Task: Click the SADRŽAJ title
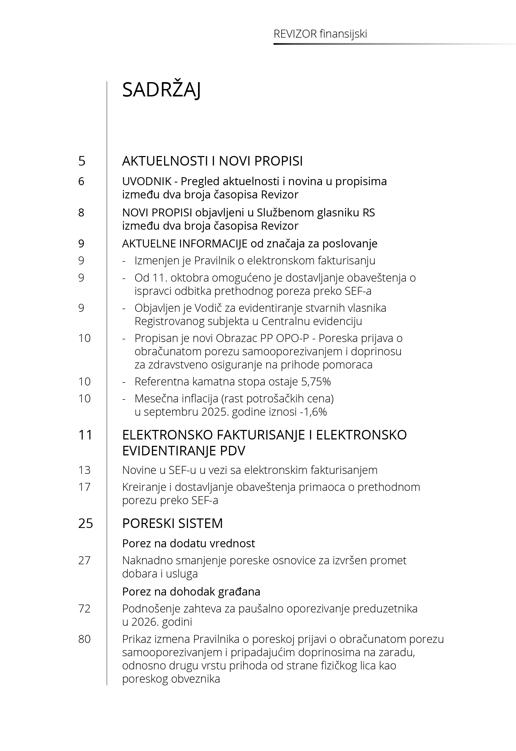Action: tap(161, 90)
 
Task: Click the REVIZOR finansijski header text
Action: tap(320, 34)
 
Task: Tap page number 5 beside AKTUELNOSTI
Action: tap(82, 161)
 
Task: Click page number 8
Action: tap(81, 212)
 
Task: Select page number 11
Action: tap(85, 435)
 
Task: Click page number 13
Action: tap(84, 470)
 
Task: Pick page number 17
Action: tap(84, 487)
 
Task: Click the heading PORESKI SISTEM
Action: tap(172, 523)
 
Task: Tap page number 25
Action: tap(85, 523)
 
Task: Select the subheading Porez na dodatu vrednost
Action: tap(189, 543)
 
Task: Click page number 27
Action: tap(84, 560)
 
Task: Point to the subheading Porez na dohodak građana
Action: tap(191, 592)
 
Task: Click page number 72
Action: tap(84, 609)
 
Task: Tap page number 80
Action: tap(84, 639)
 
